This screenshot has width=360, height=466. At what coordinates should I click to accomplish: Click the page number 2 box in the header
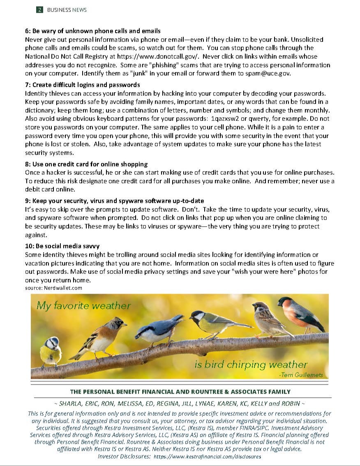coord(39,10)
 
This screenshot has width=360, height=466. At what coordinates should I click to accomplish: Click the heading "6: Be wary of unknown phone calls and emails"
coord(92,31)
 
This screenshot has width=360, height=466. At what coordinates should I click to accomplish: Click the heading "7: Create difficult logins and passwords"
coord(82,85)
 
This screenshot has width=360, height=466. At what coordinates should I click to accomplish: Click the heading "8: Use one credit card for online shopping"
coord(86,164)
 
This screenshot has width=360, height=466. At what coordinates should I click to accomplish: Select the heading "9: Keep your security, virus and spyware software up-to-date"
coord(114,201)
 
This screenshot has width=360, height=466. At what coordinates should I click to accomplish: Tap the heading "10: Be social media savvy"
coord(62,246)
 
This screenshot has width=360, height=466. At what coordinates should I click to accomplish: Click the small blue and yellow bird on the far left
coord(51,352)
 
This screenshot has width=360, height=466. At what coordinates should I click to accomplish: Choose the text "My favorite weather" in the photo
coord(83,306)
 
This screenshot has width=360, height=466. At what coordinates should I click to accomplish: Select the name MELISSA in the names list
coord(148,403)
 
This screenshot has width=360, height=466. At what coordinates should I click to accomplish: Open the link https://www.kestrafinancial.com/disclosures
coord(207,457)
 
